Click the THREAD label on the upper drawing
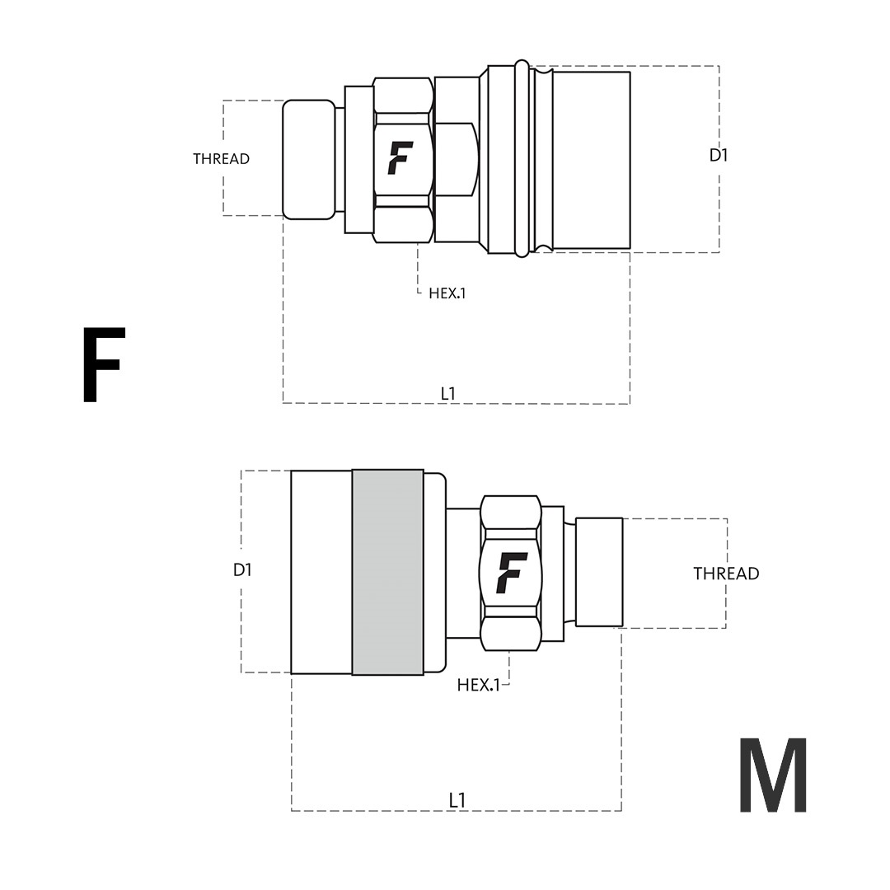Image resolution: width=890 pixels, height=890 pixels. pos(221,159)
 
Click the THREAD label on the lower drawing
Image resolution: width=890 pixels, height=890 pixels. pos(725,574)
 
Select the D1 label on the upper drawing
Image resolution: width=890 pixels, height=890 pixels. pos(719,155)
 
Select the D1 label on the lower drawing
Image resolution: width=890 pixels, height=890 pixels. pos(242,569)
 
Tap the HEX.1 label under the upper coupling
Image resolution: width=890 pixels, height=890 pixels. pos(447,293)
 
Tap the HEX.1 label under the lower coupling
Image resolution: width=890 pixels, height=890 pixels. pos(478,685)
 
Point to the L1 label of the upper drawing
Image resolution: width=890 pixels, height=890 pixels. pos(447,394)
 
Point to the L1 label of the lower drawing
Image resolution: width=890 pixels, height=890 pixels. pos(457,800)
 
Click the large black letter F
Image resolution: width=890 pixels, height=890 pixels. pos(103,365)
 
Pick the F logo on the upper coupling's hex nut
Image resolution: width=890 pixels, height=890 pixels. pos(400,158)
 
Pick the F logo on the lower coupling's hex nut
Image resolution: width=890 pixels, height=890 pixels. pos(511,573)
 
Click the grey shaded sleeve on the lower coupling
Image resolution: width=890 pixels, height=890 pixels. pos(387,572)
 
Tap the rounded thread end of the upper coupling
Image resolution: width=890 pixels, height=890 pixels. pos(308,159)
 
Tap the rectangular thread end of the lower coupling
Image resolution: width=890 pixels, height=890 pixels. pos(599,572)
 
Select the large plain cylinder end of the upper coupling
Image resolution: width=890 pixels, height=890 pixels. pos(591,160)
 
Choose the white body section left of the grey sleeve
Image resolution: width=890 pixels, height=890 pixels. pos(321,572)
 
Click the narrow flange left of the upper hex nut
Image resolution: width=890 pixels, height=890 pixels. pos(358,159)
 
